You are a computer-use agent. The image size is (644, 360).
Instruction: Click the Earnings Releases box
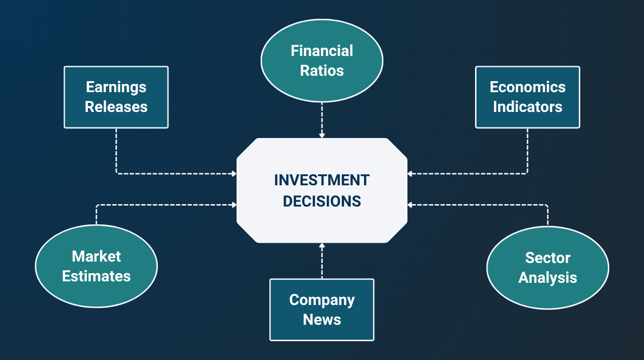point(116,97)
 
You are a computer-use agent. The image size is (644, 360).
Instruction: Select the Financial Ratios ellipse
point(322,60)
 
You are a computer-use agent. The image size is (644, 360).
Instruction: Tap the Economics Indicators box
point(527,97)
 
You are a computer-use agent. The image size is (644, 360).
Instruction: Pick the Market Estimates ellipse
point(96,266)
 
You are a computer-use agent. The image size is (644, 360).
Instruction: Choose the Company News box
point(322,310)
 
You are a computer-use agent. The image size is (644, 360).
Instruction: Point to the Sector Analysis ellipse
point(547,267)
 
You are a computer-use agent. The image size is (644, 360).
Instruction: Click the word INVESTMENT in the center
point(322,180)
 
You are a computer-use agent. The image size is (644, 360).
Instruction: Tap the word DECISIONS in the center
point(322,201)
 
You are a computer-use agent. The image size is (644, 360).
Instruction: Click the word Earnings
point(116,87)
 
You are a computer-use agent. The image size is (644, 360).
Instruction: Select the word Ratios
point(322,70)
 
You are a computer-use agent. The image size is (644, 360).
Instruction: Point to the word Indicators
point(527,107)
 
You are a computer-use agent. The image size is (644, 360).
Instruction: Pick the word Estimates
point(96,276)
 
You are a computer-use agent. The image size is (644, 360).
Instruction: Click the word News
point(322,319)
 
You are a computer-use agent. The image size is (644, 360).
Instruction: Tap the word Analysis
point(547,277)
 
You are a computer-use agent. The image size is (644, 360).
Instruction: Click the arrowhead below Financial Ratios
point(322,136)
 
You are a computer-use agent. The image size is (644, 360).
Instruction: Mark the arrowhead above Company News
point(322,246)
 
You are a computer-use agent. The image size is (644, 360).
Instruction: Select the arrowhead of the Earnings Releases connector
point(234,173)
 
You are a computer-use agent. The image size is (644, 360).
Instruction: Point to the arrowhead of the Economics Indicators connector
point(410,173)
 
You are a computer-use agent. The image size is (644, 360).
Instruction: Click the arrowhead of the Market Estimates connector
point(234,205)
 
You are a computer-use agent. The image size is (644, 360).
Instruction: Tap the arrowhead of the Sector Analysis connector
point(410,205)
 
